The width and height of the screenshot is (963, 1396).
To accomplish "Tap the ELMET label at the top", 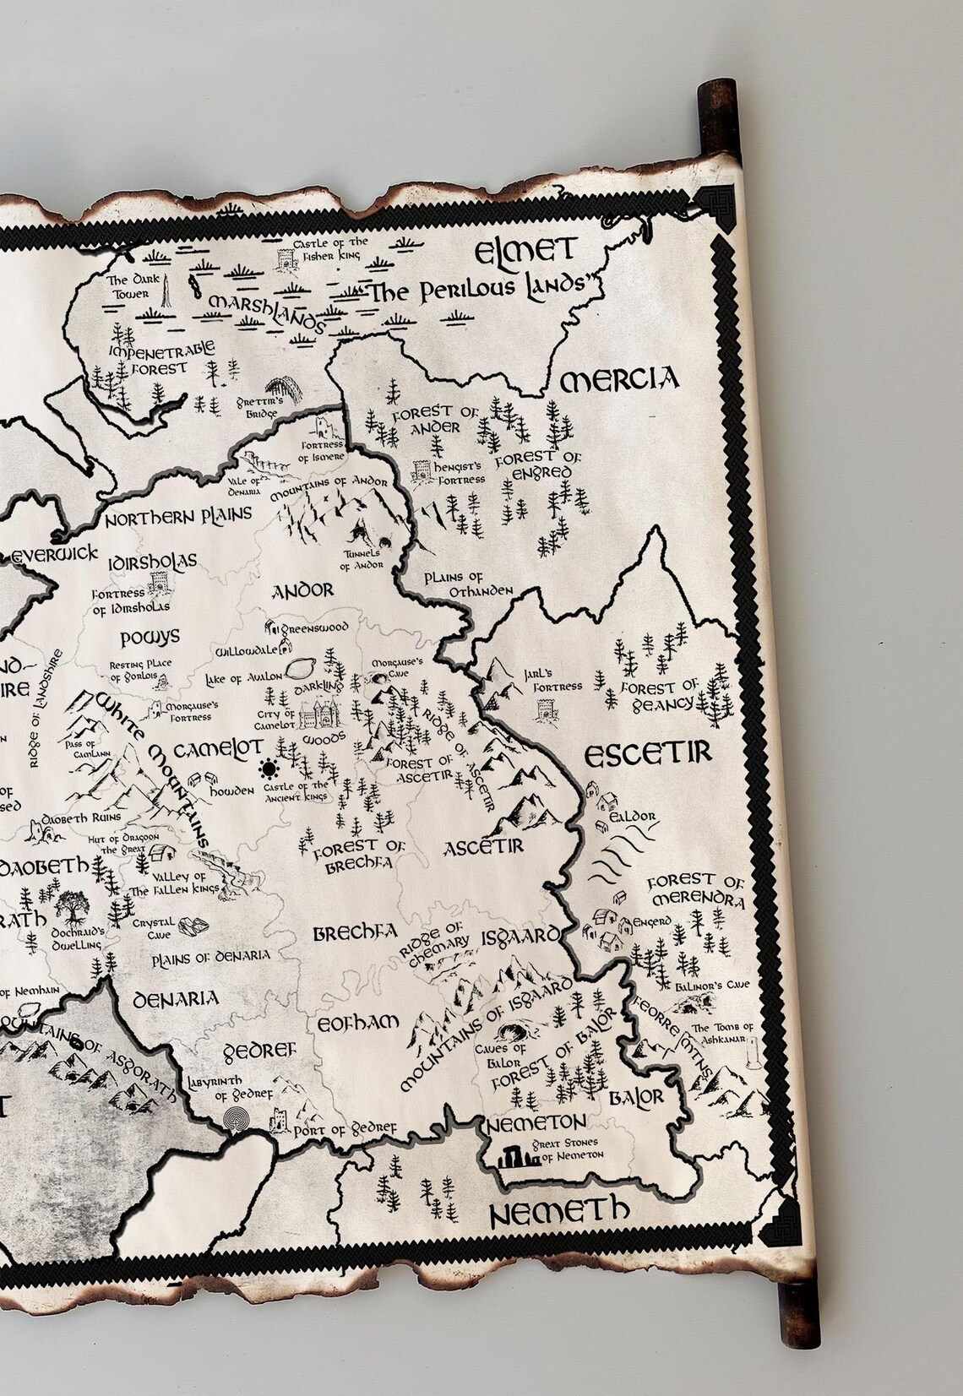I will point(525,251).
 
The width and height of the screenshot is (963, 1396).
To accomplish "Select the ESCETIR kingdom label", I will point(648,754).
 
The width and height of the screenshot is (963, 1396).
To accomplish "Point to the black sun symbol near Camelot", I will point(269,769).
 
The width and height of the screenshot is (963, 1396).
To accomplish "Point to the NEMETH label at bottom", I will point(560,1213).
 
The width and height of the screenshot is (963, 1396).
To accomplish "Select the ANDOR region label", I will point(302,590).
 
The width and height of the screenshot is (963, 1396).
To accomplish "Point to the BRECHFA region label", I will point(355,933).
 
